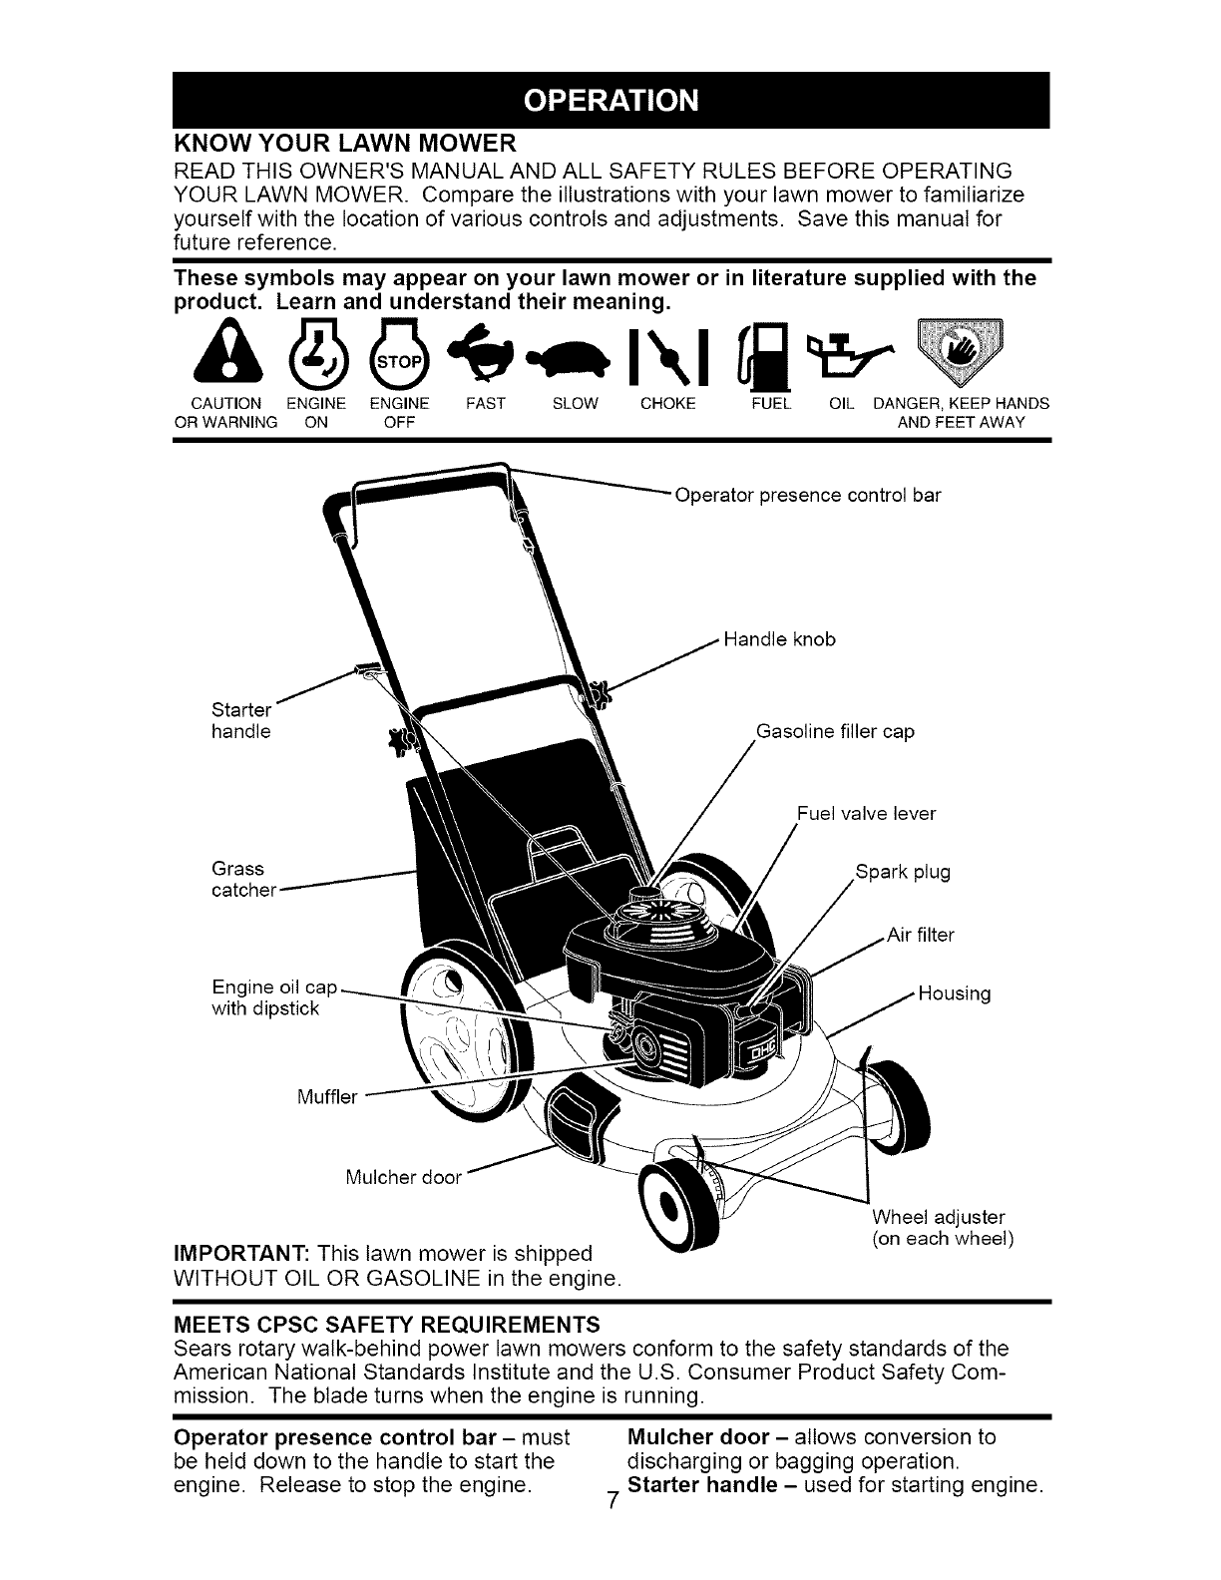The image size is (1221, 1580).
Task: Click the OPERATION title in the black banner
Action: [x=610, y=102]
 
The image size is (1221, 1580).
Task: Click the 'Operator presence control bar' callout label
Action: [x=807, y=495]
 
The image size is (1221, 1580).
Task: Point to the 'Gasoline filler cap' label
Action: [x=835, y=731]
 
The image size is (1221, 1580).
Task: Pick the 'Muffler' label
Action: [x=326, y=1098]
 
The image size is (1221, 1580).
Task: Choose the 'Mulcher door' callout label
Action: [x=403, y=1177]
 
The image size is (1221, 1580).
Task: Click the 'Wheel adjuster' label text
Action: [x=938, y=1217]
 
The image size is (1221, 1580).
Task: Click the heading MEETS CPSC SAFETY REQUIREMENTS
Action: [x=387, y=1325]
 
